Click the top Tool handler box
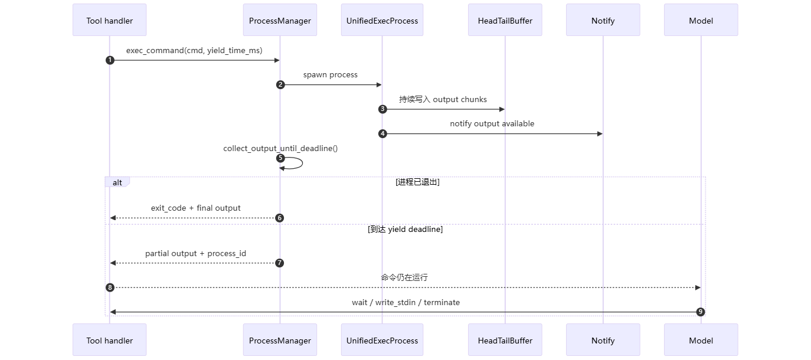pyautogui.click(x=109, y=21)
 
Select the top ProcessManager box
pyautogui.click(x=280, y=21)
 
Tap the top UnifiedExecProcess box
pyautogui.click(x=382, y=21)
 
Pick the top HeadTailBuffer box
pyautogui.click(x=505, y=21)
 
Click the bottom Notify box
pyautogui.click(x=603, y=341)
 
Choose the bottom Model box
pyautogui.click(x=701, y=341)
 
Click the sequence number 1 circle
pyautogui.click(x=109, y=60)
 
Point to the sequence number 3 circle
pyautogui.click(x=382, y=109)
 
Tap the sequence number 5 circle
pyautogui.click(x=280, y=158)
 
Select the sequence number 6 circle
pyautogui.click(x=280, y=218)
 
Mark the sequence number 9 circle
pyautogui.click(x=701, y=312)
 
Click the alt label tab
pyautogui.click(x=117, y=182)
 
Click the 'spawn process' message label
pyautogui.click(x=331, y=75)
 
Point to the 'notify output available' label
pyautogui.click(x=492, y=124)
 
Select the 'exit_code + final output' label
pyautogui.click(x=195, y=208)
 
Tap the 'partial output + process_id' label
pyautogui.click(x=195, y=253)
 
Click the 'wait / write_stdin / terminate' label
pyautogui.click(x=405, y=302)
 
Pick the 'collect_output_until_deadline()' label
pyautogui.click(x=280, y=148)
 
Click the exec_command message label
pyautogui.click(x=194, y=51)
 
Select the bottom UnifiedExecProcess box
pyautogui.click(x=382, y=341)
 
